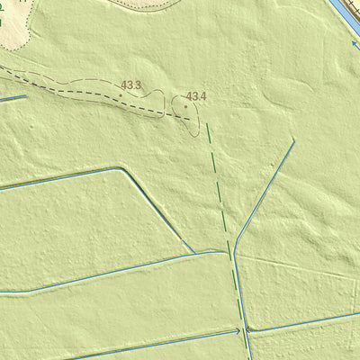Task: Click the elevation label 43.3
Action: (131, 85)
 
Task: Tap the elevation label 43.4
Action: (196, 96)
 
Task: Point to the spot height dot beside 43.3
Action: (121, 94)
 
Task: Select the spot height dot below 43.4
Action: (186, 106)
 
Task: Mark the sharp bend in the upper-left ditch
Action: (121, 168)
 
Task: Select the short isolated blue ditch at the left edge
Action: (13, 98)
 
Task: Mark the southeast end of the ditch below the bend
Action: (193, 252)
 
